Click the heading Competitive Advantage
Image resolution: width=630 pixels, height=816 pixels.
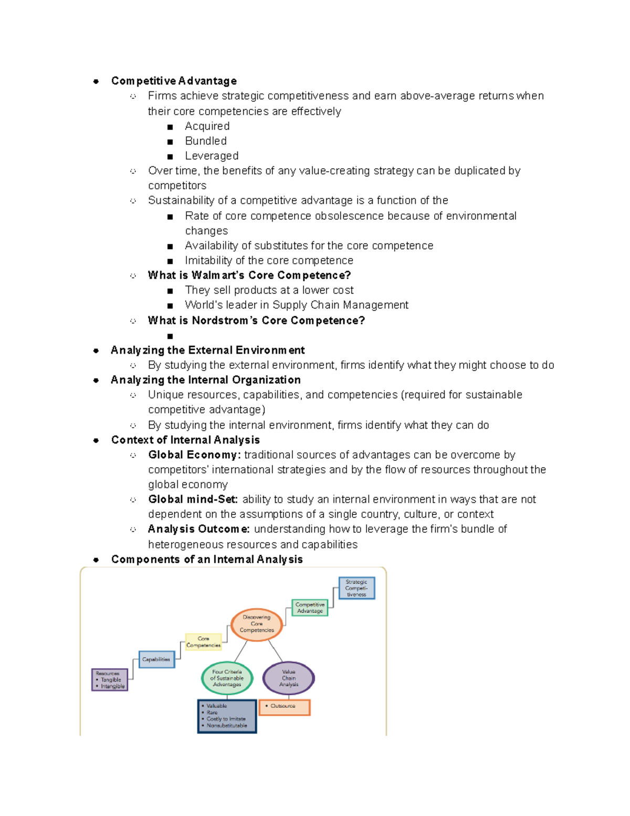174,81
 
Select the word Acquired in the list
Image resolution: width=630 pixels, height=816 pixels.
207,126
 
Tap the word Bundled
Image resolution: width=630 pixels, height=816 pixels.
206,141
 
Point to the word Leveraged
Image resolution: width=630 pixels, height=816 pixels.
212,156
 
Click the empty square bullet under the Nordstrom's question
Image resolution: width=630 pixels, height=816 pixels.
170,336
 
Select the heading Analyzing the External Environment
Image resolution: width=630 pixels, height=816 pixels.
207,350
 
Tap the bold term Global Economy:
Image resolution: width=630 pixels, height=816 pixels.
194,455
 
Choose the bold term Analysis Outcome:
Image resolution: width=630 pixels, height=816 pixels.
198,529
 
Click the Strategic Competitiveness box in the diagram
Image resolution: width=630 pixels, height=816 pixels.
356,588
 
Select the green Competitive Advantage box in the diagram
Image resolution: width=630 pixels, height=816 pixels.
310,608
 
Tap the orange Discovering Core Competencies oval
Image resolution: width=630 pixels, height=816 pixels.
257,624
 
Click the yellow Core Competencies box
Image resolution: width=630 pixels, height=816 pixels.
203,642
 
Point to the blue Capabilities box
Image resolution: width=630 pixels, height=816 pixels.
156,659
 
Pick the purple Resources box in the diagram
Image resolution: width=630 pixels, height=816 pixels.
110,680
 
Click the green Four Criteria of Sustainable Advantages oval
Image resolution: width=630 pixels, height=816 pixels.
227,678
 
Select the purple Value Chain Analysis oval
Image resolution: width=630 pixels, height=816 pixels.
289,678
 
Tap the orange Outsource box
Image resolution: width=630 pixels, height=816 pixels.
285,707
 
